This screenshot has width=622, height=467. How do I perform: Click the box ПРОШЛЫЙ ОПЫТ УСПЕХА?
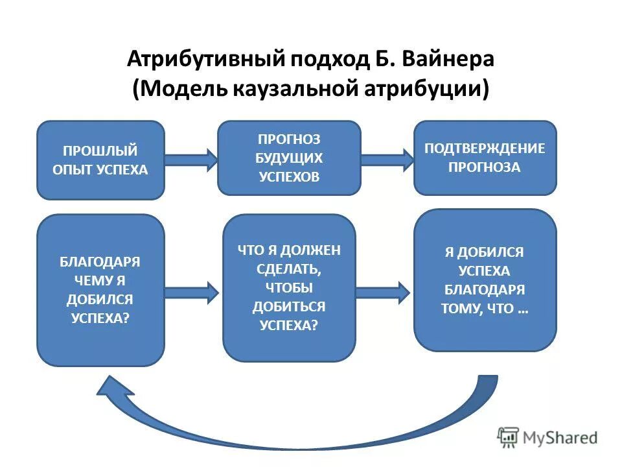click(x=100, y=160)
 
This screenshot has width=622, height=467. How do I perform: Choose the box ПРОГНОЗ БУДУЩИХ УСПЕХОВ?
click(x=289, y=158)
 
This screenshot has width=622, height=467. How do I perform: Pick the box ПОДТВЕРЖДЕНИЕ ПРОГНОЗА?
click(x=485, y=158)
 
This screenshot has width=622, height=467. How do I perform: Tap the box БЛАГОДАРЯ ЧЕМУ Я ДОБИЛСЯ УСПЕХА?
click(x=100, y=290)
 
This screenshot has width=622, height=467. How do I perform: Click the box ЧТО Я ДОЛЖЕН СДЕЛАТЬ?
click(x=289, y=287)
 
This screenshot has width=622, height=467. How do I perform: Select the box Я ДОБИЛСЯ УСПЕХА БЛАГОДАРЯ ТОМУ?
click(x=485, y=280)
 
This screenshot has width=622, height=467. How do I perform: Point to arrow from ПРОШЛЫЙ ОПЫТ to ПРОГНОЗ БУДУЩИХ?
click(x=192, y=160)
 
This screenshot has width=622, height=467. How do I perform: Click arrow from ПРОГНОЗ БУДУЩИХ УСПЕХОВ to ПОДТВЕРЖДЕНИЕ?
click(x=387, y=159)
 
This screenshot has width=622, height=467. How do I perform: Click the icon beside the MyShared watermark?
click(x=509, y=437)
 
